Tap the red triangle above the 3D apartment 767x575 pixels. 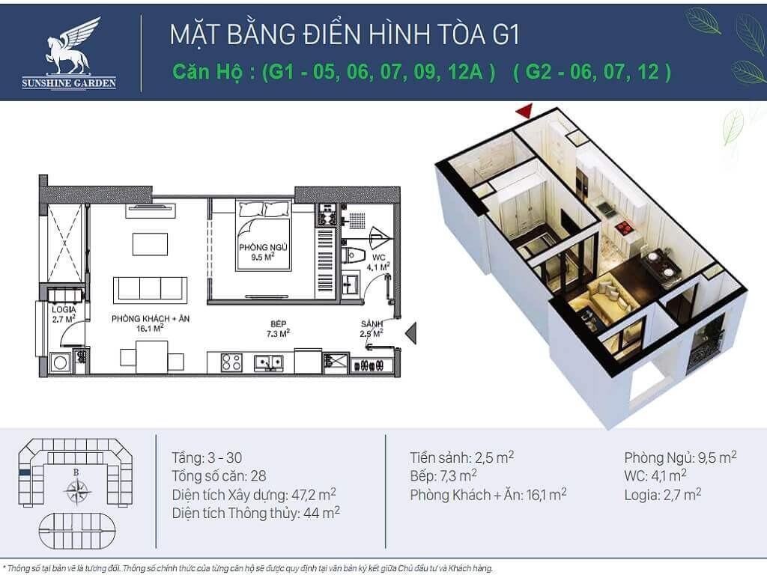pyautogui.click(x=524, y=112)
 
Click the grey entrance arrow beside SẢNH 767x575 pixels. pyautogui.click(x=411, y=333)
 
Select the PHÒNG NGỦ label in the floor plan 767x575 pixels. pyautogui.click(x=263, y=247)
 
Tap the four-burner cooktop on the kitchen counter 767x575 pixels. pyautogui.click(x=231, y=362)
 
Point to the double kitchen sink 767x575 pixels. pyautogui.click(x=268, y=363)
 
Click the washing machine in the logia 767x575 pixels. pyautogui.click(x=61, y=363)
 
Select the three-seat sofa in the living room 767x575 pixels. pyautogui.click(x=150, y=289)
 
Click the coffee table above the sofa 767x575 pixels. pyautogui.click(x=150, y=244)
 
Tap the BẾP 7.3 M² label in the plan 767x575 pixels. pyautogui.click(x=279, y=329)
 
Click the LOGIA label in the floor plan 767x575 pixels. pyautogui.click(x=64, y=309)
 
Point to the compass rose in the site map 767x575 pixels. pyautogui.click(x=77, y=490)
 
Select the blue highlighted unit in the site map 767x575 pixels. pyautogui.click(x=25, y=473)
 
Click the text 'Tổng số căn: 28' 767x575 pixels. pyautogui.click(x=219, y=475)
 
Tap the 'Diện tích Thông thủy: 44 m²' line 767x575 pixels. pyautogui.click(x=256, y=513)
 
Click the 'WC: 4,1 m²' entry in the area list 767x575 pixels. pyautogui.click(x=655, y=475)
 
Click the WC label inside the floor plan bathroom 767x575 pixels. pyautogui.click(x=378, y=258)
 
